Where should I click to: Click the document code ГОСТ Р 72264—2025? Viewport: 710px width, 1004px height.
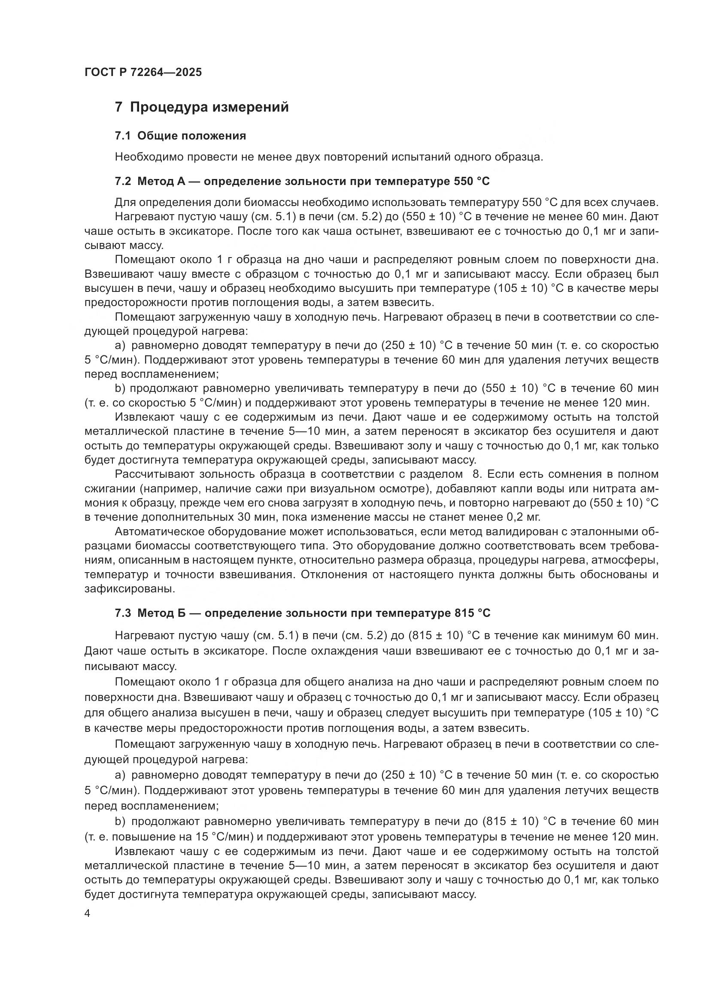(x=143, y=72)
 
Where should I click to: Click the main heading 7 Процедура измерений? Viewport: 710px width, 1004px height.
(x=202, y=107)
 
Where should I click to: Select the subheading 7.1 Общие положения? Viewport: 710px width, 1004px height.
(x=180, y=136)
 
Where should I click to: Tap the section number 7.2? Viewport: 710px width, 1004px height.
(x=123, y=181)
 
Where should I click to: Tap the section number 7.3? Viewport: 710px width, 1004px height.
(x=123, y=613)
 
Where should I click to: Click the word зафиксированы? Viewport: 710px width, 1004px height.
(x=129, y=589)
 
